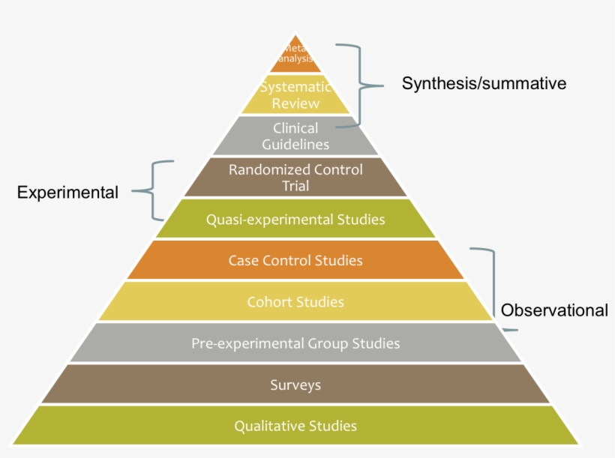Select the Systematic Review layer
point(295,95)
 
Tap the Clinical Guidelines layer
point(295,135)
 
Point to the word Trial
point(295,185)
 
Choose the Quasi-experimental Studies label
point(295,220)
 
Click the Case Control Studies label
point(295,261)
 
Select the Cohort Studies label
point(295,302)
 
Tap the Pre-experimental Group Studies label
point(295,344)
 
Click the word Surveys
point(295,385)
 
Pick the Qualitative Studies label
point(295,427)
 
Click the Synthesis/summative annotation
point(484,83)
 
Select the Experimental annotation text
point(67,193)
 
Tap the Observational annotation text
point(554,310)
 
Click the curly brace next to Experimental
point(154,190)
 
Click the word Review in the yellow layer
point(295,103)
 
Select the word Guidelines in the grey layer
point(295,143)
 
